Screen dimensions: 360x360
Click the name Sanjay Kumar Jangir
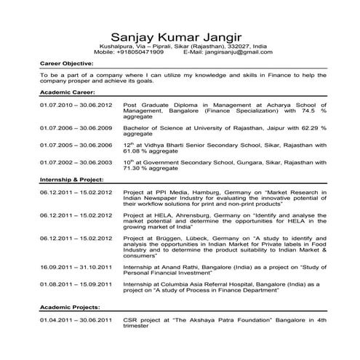pos(180,37)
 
